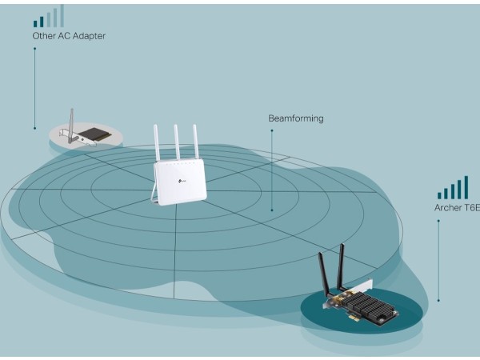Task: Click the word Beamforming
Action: [x=295, y=118]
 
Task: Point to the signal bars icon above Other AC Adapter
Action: [x=50, y=17]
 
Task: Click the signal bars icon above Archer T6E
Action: [x=453, y=188]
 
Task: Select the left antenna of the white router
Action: [x=158, y=144]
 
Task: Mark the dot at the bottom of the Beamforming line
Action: [x=272, y=210]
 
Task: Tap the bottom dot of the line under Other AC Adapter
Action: [x=34, y=127]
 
